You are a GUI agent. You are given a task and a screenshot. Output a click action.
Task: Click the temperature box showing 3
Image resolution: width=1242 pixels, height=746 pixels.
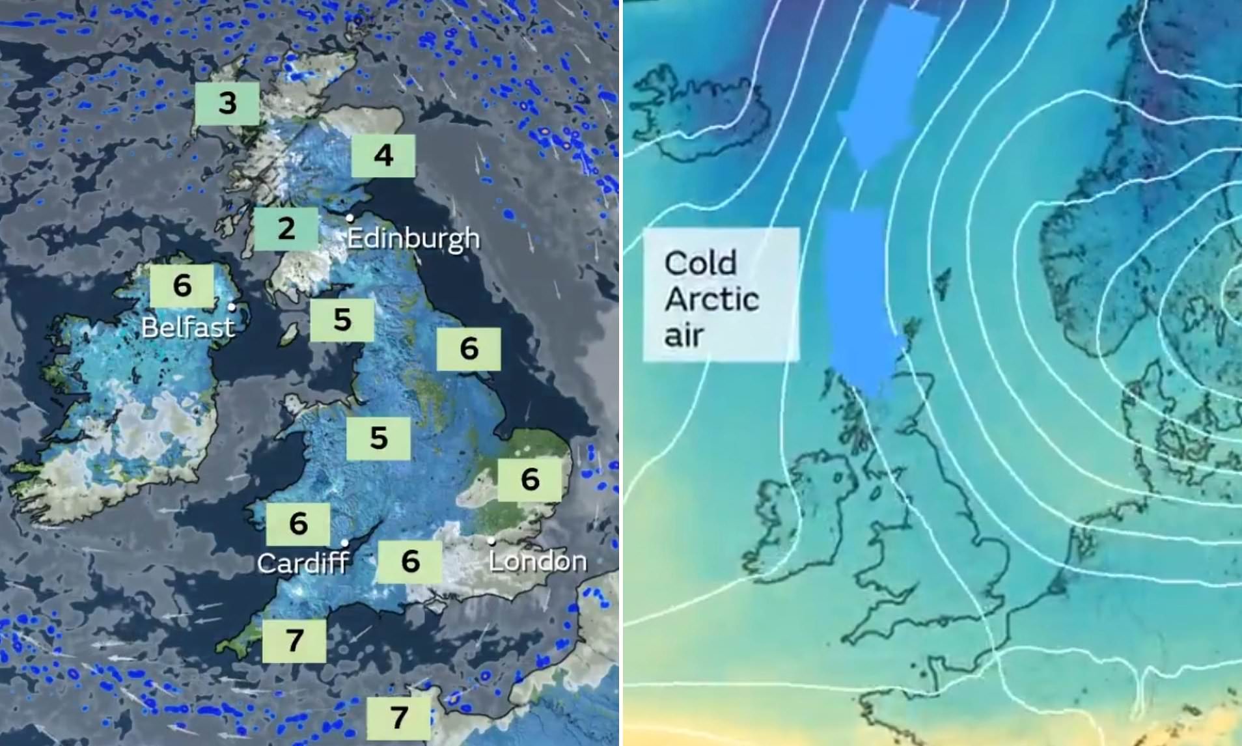pyautogui.click(x=227, y=103)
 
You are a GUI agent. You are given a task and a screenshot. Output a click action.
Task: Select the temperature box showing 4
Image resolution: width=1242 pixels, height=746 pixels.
pyautogui.click(x=383, y=156)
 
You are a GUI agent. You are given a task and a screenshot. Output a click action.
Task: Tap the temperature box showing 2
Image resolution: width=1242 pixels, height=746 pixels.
pyautogui.click(x=286, y=228)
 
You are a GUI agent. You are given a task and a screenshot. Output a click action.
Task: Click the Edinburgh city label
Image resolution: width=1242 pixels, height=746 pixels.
pyautogui.click(x=413, y=238)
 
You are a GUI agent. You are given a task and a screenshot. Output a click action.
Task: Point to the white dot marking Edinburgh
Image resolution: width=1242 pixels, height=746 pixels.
pyautogui.click(x=350, y=218)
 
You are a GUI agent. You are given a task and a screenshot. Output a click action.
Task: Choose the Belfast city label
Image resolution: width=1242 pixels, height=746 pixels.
pyautogui.click(x=188, y=327)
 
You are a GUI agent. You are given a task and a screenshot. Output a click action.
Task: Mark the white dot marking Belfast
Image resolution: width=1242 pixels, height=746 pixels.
pyautogui.click(x=232, y=307)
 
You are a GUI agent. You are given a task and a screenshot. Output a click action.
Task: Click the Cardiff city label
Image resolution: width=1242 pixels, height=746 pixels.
pyautogui.click(x=303, y=563)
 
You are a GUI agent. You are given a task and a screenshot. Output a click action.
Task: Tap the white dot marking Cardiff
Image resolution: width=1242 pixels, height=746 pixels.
pyautogui.click(x=344, y=542)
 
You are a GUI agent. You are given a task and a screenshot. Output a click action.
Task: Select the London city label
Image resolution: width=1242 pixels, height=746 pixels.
pyautogui.click(x=538, y=561)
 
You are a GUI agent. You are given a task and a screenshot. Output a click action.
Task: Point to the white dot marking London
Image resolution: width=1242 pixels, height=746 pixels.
pyautogui.click(x=491, y=540)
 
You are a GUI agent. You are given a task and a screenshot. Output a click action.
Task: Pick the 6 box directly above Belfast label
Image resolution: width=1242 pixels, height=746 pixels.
pyautogui.click(x=182, y=285)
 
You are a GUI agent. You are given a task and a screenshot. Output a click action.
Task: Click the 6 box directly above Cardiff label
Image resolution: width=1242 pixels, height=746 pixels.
pyautogui.click(x=298, y=523)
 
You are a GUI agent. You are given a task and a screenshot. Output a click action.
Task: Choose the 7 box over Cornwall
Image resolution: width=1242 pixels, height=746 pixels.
pyautogui.click(x=294, y=641)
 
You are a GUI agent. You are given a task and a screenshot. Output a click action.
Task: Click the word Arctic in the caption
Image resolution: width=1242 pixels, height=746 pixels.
pyautogui.click(x=711, y=299)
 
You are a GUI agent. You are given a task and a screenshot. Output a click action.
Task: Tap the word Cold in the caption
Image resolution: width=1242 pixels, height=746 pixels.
pyautogui.click(x=700, y=263)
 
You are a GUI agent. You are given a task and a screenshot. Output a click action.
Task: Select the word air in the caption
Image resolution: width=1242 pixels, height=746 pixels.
pyautogui.click(x=684, y=336)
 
